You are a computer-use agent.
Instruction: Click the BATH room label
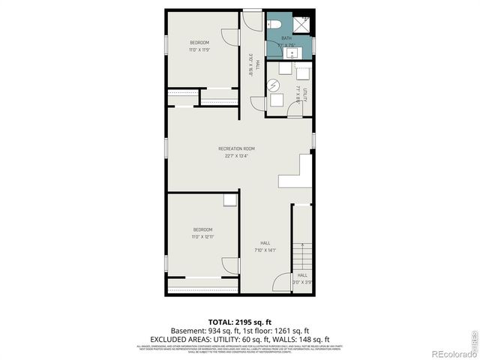tap(286, 38)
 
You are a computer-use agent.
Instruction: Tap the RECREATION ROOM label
tap(236, 148)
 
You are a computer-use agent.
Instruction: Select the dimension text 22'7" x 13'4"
tap(236, 157)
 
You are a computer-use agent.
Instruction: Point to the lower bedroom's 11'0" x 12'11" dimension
tap(202, 237)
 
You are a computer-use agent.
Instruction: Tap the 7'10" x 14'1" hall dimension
tap(265, 250)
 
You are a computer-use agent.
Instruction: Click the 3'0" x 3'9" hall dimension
tap(302, 283)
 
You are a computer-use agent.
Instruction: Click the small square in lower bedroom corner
tap(229, 199)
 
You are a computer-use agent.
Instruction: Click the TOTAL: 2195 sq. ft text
tap(239, 321)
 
